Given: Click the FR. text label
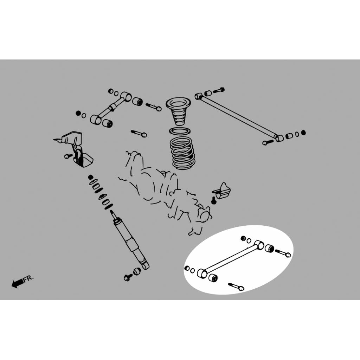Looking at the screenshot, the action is coord(28,278).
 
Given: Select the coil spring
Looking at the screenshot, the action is coord(182,153).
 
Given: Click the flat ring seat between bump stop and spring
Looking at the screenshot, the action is coord(180,131).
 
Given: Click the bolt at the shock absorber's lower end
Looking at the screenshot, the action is coord(128,277).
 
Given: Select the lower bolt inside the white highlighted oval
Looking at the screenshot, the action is coord(236,287).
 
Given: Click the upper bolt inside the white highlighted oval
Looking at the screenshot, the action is coord(283,253).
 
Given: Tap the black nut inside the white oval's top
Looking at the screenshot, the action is coord(244,238).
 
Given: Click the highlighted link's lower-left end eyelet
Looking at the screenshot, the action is coord(202,273).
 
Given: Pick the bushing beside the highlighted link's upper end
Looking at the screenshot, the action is coord(269,248).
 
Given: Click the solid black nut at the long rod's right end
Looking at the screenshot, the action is coord(303,133).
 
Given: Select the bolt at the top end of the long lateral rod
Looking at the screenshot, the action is coord(219,90).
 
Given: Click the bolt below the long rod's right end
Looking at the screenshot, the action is coord(268,142).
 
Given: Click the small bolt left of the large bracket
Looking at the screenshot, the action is coord(68,156).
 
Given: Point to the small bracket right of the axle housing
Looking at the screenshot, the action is coord(222,191).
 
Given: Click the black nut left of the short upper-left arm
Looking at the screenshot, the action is coord(78,113).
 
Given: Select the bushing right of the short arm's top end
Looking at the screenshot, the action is coord(137,102).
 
